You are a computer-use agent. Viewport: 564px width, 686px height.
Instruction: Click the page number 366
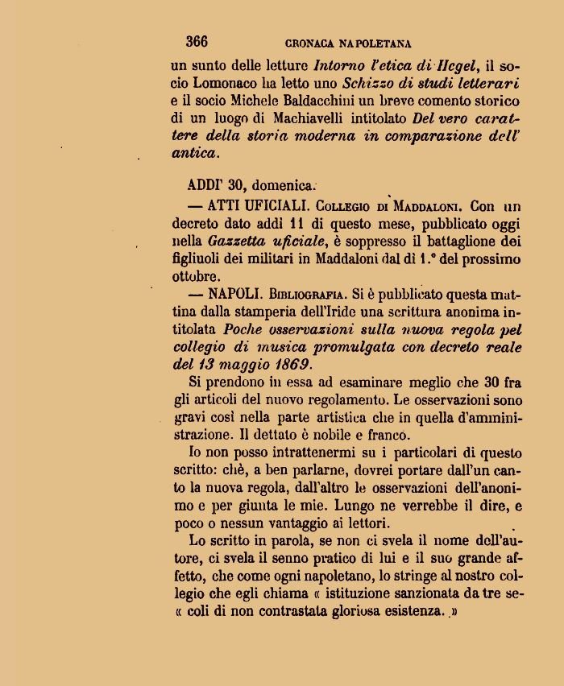coord(197,42)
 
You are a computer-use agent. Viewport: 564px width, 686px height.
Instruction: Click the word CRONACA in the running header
coord(311,43)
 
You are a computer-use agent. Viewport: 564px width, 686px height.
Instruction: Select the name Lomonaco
coord(226,83)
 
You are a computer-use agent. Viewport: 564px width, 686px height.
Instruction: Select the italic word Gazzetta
coord(234,241)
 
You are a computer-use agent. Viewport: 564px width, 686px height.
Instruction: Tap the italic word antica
coord(193,153)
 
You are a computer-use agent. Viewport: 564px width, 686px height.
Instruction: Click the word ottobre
coord(195,275)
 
